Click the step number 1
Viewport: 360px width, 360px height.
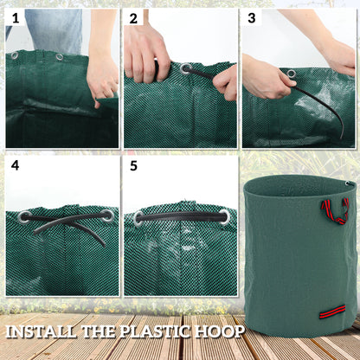(16, 17)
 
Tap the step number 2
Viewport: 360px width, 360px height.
(133, 17)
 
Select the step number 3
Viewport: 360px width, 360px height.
(252, 17)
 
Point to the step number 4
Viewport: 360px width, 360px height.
(16, 164)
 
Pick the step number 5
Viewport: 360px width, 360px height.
(133, 164)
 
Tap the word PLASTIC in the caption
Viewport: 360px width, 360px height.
(164, 331)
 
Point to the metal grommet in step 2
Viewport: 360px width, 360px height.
(185, 67)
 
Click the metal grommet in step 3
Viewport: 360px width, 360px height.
(292, 73)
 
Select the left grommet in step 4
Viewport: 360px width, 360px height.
(24, 216)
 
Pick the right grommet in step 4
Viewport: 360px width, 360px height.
(106, 215)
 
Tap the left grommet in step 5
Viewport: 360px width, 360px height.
(139, 218)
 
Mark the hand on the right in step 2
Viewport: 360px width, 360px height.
(227, 82)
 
